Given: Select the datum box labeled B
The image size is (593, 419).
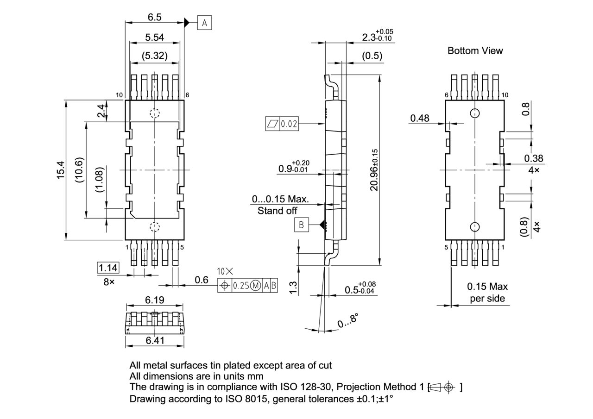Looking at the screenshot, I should click(301, 225).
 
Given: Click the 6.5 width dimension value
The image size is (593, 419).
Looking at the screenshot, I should click(154, 17).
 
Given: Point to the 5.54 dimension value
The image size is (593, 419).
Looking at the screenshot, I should click(154, 38).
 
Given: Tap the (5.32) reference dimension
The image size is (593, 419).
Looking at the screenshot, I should click(154, 56).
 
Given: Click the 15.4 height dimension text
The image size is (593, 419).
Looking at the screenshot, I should click(61, 170).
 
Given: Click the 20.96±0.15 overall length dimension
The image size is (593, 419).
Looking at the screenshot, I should click(374, 169).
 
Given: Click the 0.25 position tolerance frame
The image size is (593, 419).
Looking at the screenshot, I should click(247, 286).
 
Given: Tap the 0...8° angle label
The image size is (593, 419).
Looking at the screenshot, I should click(348, 320).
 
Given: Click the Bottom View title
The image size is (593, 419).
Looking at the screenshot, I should click(475, 51).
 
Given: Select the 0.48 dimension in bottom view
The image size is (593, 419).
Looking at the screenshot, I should click(420, 119).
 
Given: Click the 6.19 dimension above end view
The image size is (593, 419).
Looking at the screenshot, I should click(154, 300).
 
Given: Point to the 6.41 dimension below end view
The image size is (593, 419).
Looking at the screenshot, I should click(154, 341).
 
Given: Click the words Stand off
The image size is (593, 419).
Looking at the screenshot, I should click(278, 211).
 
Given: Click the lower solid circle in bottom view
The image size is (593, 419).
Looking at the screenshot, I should click(474, 226).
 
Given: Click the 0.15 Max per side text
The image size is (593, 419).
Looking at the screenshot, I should click(487, 293).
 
